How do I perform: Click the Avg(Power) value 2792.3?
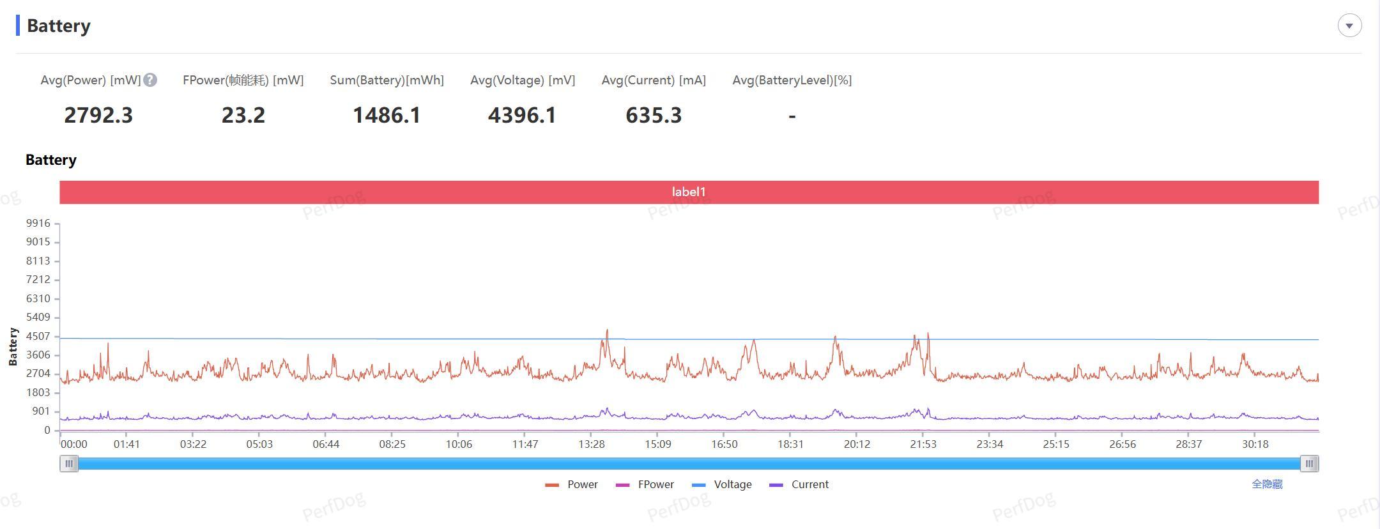pos(98,115)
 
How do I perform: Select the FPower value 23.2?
pos(243,115)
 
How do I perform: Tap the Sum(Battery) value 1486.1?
pos(387,115)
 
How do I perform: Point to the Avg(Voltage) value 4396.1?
pos(522,115)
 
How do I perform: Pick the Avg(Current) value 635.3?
pos(654,115)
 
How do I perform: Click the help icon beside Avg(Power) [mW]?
pos(150,80)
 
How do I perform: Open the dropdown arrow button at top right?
pos(1349,26)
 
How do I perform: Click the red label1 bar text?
pos(689,192)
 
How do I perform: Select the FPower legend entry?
pos(645,484)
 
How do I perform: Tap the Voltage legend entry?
pos(723,484)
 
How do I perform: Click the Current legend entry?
pos(800,484)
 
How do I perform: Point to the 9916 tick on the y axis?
pos(38,223)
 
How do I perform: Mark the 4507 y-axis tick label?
pos(38,336)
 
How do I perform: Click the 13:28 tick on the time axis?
pos(592,444)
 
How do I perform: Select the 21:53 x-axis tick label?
pos(923,444)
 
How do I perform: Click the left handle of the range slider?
pos(69,464)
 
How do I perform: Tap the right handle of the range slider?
pos(1309,464)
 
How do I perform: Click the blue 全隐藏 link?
pos(1267,484)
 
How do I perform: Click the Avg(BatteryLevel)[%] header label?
pos(792,80)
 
